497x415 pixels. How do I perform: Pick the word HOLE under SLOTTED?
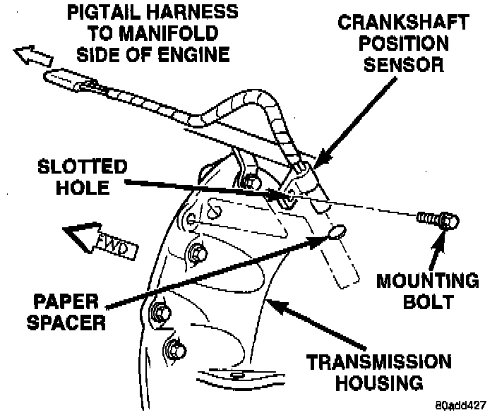pyautogui.click(x=84, y=188)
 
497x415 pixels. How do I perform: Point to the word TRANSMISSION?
pyautogui.click(x=378, y=363)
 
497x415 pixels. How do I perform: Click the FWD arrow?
pyautogui.click(x=98, y=239)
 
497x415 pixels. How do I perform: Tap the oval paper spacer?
pyautogui.click(x=337, y=231)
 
